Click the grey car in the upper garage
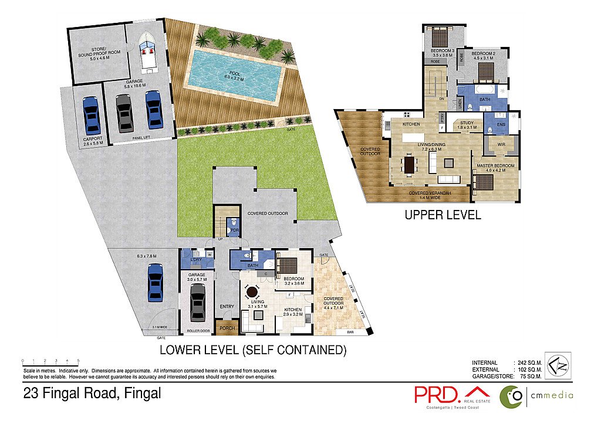[x=123, y=113]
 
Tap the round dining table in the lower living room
[x=252, y=291]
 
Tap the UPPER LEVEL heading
[x=443, y=215]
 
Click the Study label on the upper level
[x=467, y=123]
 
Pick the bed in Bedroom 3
[x=437, y=39]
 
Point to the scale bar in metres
[x=50, y=361]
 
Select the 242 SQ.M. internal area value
[x=528, y=363]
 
